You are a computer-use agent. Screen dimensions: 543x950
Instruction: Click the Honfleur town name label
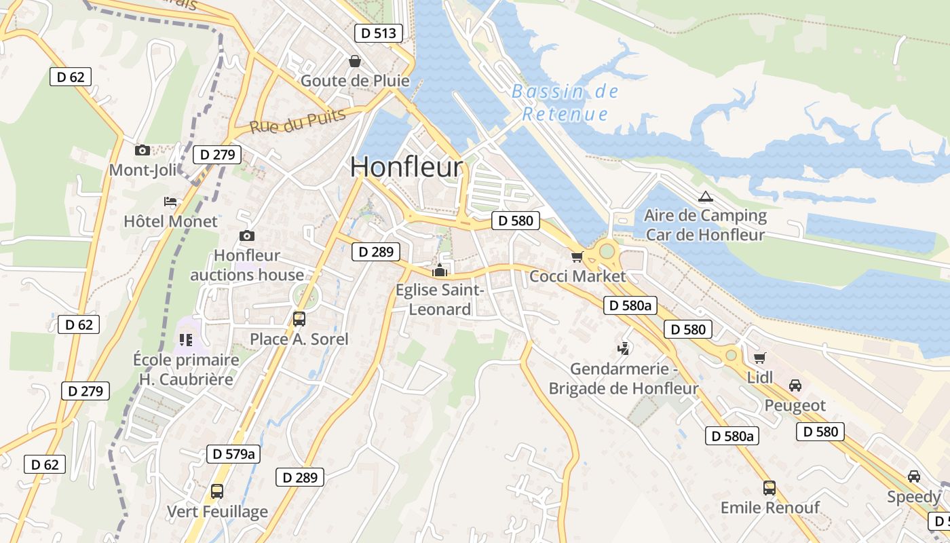(406, 168)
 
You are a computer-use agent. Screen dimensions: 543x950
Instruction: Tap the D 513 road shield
(379, 33)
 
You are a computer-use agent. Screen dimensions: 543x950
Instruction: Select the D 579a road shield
(233, 454)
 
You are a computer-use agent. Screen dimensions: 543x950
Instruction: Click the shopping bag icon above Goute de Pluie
(354, 62)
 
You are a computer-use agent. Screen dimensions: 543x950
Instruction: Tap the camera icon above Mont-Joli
(142, 150)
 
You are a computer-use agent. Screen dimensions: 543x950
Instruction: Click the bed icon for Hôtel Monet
(170, 202)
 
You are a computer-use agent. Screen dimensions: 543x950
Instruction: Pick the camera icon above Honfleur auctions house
(247, 236)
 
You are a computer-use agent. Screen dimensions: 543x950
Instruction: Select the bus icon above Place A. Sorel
(299, 318)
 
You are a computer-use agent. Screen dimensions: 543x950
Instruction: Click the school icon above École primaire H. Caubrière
(186, 339)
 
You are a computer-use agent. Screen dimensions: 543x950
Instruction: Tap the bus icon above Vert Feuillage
(217, 491)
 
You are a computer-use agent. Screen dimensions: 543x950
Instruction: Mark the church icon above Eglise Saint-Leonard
(440, 270)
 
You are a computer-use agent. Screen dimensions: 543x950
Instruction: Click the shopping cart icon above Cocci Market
(577, 257)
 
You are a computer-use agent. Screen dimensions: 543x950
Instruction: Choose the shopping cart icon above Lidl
(759, 358)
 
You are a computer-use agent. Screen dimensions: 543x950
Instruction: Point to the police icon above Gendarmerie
(623, 350)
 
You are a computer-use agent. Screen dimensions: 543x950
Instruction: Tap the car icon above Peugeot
(795, 386)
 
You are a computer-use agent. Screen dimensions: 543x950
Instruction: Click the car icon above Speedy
(914, 476)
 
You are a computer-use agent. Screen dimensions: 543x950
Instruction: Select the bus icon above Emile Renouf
(769, 487)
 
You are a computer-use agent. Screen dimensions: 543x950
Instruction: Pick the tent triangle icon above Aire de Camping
(705, 197)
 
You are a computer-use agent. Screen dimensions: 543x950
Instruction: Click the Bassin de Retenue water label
(564, 102)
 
